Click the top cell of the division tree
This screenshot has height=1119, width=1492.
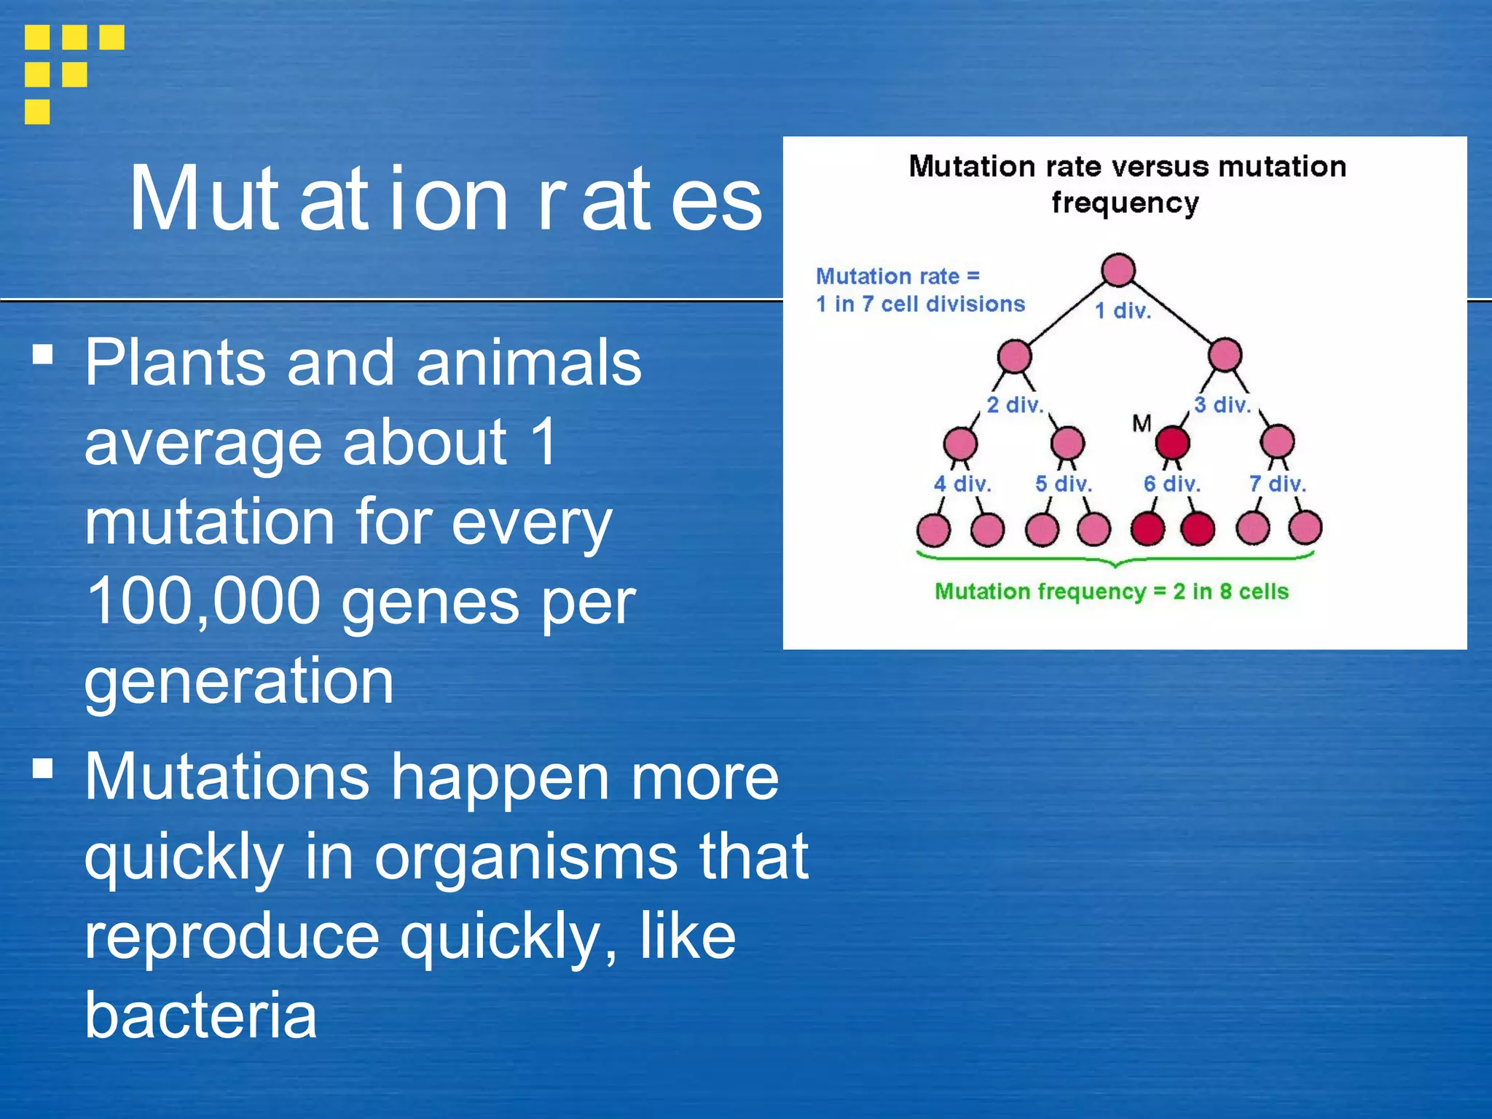pos(1118,270)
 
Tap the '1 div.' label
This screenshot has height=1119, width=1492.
pos(1123,311)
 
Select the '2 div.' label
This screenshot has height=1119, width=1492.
pos(1015,405)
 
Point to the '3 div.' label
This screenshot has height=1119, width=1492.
pos(1222,405)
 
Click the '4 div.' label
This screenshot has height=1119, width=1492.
pos(962,484)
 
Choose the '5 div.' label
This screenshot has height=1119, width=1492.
pos(1064,484)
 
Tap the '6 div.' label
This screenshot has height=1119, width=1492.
pos(1171,484)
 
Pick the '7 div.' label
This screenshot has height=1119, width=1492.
pos(1277,484)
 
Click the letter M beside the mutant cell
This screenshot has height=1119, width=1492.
pos(1142,423)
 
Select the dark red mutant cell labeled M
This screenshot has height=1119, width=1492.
pos(1173,442)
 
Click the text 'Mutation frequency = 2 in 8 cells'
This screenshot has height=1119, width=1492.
pos(1112,592)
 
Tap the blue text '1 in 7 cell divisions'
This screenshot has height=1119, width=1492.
pos(920,304)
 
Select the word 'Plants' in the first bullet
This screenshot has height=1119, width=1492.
pos(175,362)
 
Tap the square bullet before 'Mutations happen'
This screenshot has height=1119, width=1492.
pos(43,769)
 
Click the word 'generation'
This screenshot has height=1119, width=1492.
pos(239,681)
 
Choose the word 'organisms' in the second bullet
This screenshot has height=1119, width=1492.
pos(526,857)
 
